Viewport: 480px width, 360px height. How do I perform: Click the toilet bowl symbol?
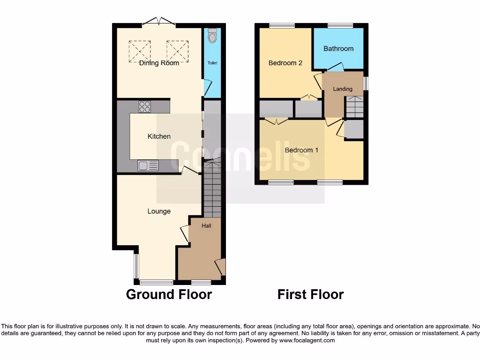(213, 35)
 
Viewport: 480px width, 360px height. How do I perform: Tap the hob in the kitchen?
(145, 107)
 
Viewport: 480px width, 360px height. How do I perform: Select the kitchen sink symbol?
(148, 165)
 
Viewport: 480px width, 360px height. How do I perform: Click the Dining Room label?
(159, 63)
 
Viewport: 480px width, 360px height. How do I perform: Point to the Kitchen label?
(159, 136)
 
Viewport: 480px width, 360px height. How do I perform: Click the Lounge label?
(159, 211)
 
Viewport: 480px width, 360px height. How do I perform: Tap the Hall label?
(206, 226)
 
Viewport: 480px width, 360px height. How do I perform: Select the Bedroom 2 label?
(285, 63)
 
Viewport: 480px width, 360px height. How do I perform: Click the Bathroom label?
(338, 49)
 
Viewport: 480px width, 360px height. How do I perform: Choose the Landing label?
(343, 89)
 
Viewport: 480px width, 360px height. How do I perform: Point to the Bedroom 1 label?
(301, 150)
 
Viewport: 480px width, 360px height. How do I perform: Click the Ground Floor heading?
(169, 294)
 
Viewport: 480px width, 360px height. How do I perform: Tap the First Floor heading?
(310, 294)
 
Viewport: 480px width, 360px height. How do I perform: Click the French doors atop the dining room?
(159, 22)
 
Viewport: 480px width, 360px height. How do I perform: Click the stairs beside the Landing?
(354, 107)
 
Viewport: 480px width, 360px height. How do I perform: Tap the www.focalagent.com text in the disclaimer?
(307, 340)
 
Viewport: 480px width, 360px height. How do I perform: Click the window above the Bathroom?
(340, 26)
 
